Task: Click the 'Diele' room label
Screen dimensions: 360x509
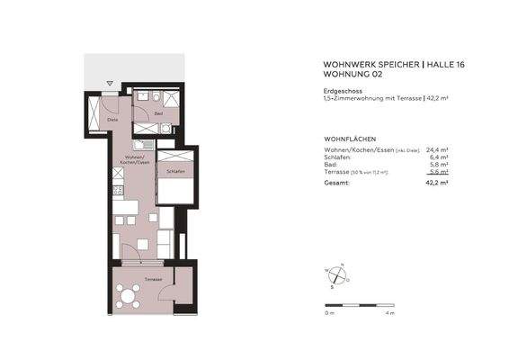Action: click(x=112, y=119)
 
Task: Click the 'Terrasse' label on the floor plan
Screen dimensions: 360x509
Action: click(x=153, y=279)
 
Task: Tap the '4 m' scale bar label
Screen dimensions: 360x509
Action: click(x=389, y=314)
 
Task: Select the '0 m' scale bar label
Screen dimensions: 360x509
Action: click(x=329, y=314)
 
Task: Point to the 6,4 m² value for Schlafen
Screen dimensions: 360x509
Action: click(x=437, y=157)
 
